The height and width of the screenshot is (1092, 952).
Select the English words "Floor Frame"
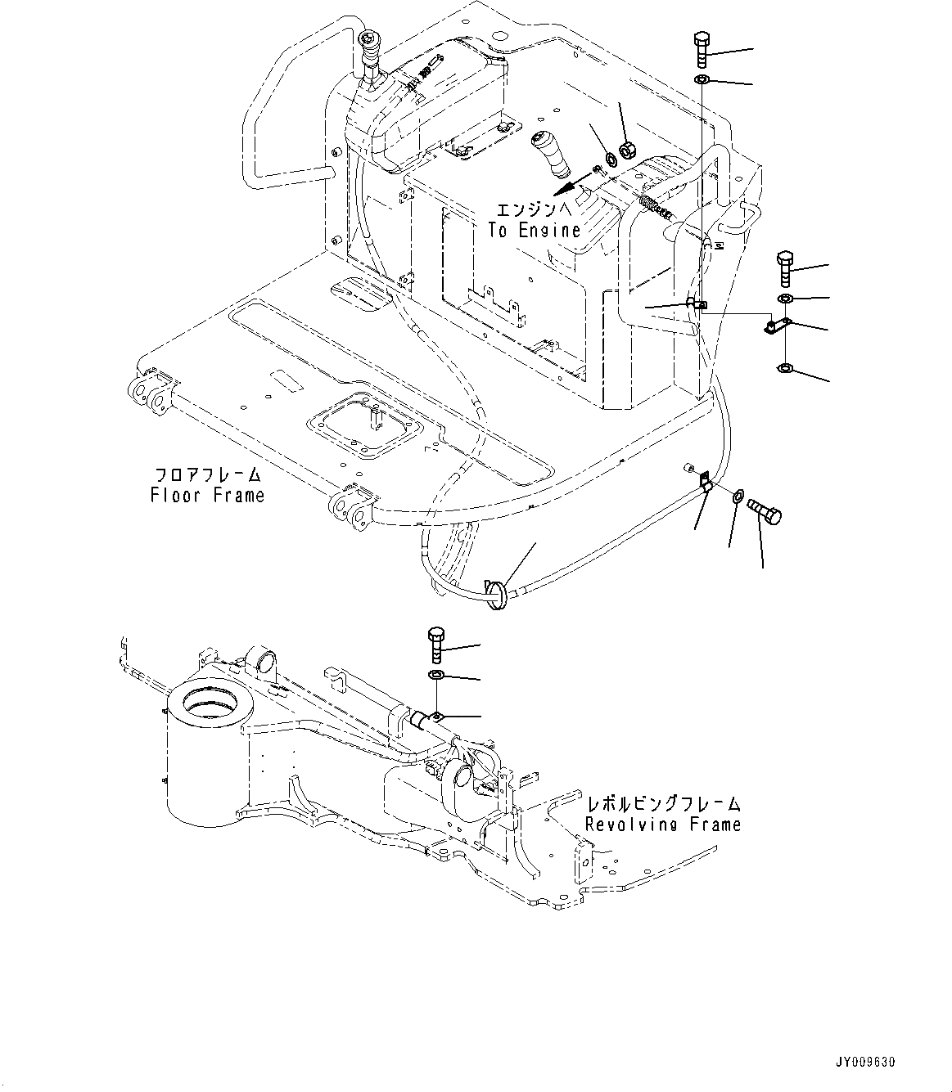[x=207, y=495]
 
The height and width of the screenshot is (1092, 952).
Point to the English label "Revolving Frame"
[x=661, y=825]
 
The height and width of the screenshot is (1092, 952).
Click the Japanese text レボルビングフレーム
[x=661, y=803]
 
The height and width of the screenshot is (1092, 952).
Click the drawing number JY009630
[x=867, y=1063]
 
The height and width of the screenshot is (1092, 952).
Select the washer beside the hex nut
[x=610, y=159]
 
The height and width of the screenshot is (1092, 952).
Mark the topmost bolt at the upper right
[x=701, y=51]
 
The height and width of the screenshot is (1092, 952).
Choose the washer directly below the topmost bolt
[x=702, y=80]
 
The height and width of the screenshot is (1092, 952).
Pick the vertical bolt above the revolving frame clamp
[x=435, y=645]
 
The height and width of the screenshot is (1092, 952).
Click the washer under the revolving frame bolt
[x=435, y=675]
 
